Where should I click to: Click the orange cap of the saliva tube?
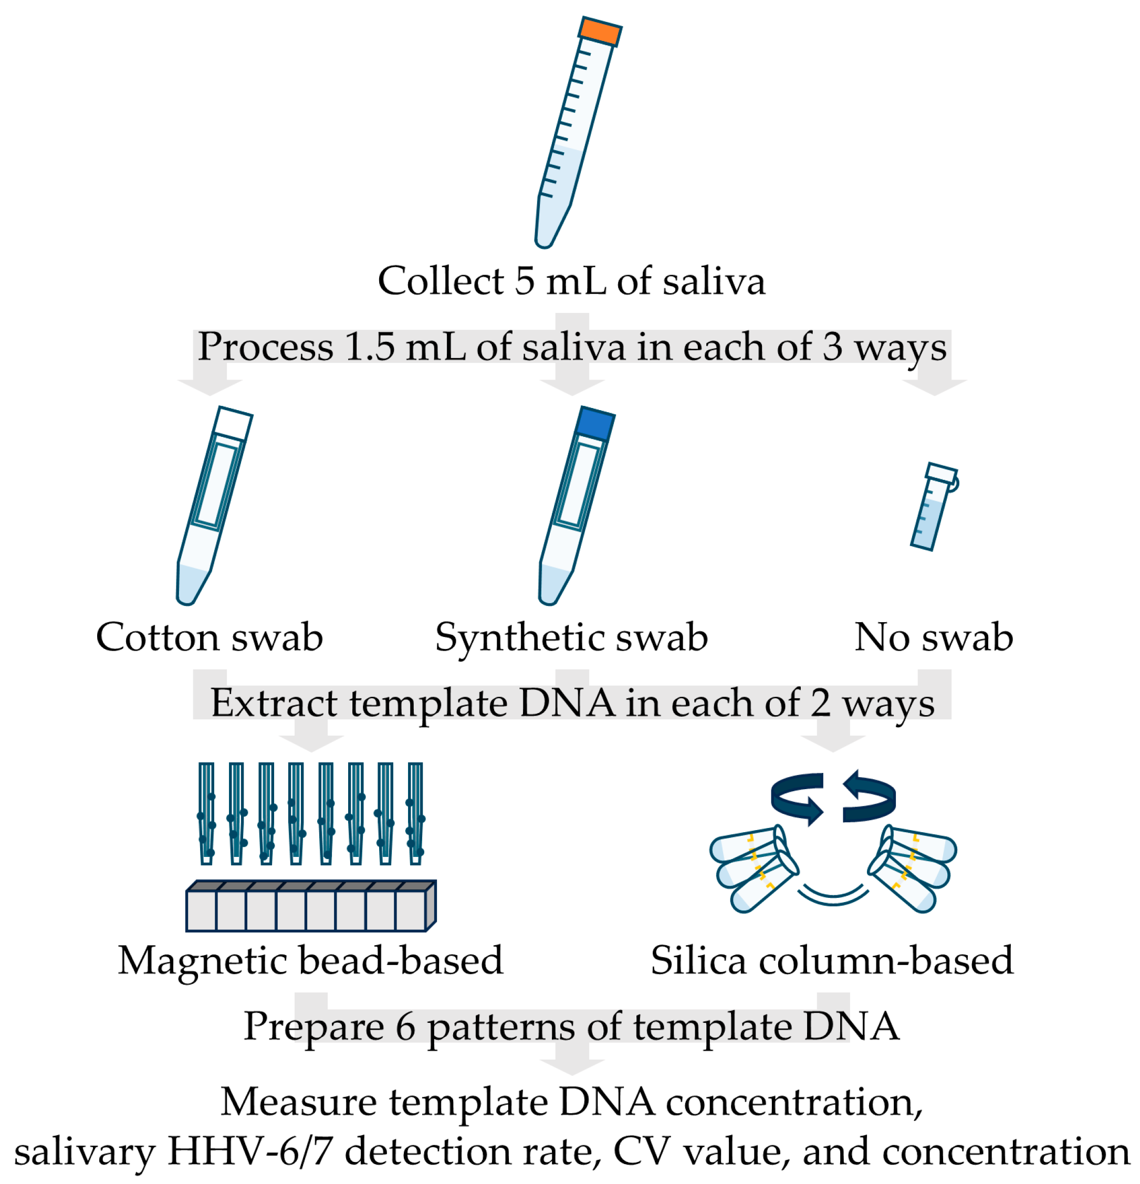coord(600,32)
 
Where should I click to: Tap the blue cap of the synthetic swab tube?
coord(595,423)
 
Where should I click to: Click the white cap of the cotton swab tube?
coord(233,423)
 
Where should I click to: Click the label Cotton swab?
coord(210,637)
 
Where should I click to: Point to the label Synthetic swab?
coord(571,637)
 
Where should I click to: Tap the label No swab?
coord(934,637)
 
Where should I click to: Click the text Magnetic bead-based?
coord(310,961)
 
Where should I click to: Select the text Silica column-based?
coord(832,961)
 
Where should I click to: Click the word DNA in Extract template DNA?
coord(567,703)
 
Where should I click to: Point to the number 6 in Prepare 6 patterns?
coord(405,1027)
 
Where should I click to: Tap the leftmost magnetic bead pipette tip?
coord(206,812)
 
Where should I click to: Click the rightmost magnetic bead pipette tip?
coord(415,812)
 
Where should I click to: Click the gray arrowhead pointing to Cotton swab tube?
coord(210,386)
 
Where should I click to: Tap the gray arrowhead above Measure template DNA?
coord(571,1068)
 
